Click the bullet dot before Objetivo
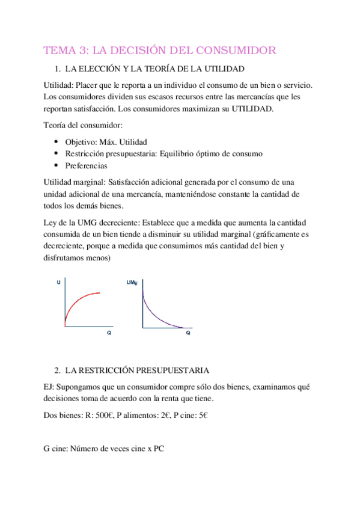56,142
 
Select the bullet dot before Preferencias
56,165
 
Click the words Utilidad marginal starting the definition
73,181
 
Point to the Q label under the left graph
109,332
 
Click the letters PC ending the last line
158,448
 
